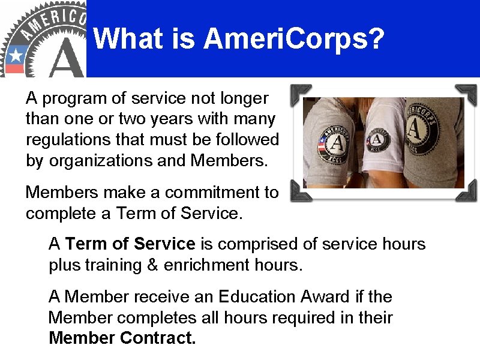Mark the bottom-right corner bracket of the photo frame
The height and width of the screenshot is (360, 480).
(467, 192)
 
